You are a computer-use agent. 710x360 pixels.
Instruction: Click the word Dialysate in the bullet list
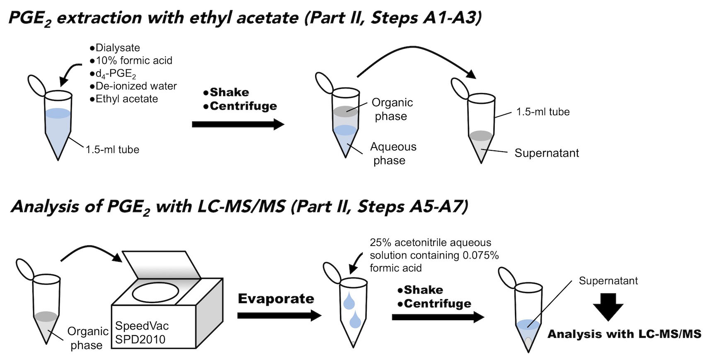pos(118,48)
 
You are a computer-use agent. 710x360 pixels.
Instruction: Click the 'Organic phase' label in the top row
pos(392,109)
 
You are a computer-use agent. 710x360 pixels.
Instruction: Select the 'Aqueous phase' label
pos(393,153)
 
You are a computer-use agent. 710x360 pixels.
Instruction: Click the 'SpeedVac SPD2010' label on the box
pos(142,332)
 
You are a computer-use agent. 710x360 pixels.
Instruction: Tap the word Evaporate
pos(276,299)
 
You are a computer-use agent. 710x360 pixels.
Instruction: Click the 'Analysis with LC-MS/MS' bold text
pos(625,334)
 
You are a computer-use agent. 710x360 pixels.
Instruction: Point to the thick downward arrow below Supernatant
pos(608,307)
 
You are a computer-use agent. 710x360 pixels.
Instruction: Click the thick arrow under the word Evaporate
pos(279,315)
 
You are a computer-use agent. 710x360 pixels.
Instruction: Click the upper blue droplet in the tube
pos(349,301)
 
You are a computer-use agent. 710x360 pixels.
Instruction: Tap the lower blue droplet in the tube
pos(355,319)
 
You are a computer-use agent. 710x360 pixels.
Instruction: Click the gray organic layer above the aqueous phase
pos(346,111)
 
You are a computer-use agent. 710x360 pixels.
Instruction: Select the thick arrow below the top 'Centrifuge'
pos(238,124)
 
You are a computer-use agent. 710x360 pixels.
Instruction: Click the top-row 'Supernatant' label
pos(547,153)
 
